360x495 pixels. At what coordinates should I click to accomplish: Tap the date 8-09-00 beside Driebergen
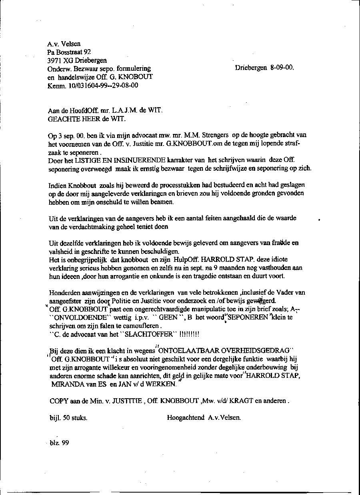282,68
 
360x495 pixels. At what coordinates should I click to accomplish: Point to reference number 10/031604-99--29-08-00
102,85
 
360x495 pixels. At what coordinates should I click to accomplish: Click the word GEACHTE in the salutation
62,118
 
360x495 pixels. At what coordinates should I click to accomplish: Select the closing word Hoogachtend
186,418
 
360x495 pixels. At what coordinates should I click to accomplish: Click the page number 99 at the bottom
65,443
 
